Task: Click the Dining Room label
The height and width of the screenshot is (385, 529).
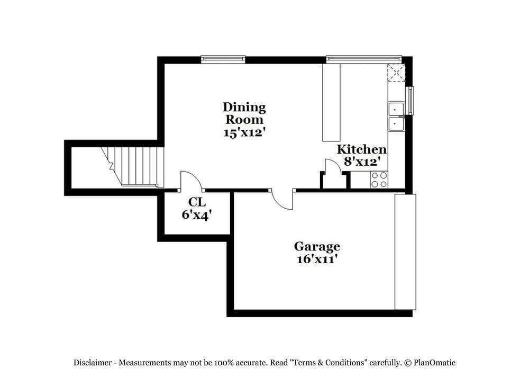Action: [x=244, y=113]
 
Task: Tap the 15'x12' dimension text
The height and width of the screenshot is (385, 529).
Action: [x=244, y=132]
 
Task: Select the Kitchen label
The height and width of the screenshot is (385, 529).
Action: [x=362, y=149]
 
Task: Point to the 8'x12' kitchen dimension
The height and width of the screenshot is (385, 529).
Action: [x=362, y=162]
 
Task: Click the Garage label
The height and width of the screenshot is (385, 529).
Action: [x=317, y=246]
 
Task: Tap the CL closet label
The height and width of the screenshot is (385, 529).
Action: [x=197, y=202]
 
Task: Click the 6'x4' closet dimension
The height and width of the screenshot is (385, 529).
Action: [x=197, y=215]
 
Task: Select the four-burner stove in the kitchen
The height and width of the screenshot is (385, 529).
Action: [x=379, y=180]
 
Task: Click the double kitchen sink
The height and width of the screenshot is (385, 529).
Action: [x=396, y=117]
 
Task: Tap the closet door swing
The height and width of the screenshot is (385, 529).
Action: [x=191, y=181]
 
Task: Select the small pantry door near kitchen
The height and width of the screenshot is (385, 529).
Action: [x=333, y=169]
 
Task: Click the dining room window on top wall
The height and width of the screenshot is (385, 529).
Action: [x=223, y=59]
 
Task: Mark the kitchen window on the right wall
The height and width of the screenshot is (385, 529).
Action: [x=409, y=101]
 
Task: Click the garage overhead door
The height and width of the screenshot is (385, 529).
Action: [x=405, y=252]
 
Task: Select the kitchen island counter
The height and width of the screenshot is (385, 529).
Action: [x=331, y=102]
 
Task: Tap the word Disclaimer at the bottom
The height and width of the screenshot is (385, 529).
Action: [x=92, y=363]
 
